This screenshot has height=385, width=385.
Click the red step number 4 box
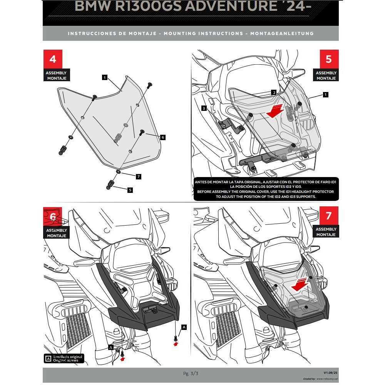click(x=53, y=59)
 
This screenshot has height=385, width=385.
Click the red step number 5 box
click(x=328, y=59)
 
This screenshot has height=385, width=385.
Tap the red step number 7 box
click(x=328, y=216)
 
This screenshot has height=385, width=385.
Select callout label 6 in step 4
click(x=163, y=137)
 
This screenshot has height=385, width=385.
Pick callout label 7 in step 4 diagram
click(x=139, y=176)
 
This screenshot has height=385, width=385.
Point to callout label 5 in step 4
click(x=130, y=190)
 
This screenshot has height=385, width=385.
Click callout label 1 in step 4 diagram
click(x=104, y=77)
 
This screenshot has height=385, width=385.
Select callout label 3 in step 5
click(x=204, y=108)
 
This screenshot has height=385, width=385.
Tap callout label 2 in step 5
click(x=273, y=92)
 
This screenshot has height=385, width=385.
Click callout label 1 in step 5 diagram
click(x=326, y=94)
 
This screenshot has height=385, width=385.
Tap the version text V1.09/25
click(x=330, y=373)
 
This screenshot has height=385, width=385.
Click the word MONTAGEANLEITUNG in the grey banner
click(x=282, y=33)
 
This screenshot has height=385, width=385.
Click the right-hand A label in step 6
click(x=184, y=327)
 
